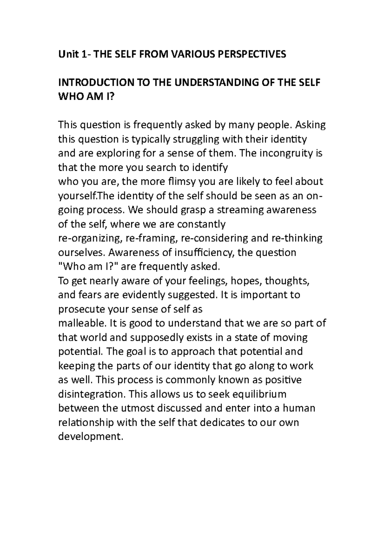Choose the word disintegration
pos(91,394)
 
